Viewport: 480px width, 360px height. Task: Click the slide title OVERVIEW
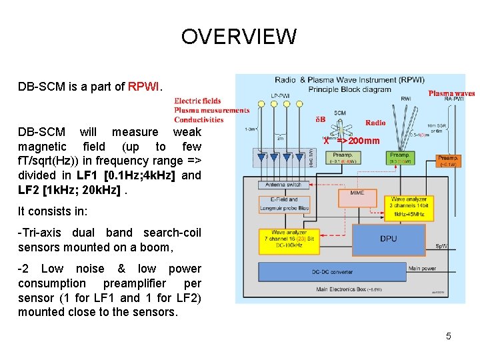pos(239,36)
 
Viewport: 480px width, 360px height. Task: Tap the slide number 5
pos(448,336)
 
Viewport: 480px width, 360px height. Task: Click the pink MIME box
pos(357,193)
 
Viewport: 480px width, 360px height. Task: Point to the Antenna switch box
pos(284,185)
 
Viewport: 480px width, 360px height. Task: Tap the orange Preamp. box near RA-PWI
pos(447,161)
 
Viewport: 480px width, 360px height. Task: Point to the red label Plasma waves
pos(451,94)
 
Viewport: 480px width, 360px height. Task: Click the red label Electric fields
pos(197,101)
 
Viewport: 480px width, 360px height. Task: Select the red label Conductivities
pos(199,119)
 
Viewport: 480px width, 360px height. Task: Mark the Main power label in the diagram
pos(423,269)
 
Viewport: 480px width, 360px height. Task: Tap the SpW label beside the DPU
pos(441,246)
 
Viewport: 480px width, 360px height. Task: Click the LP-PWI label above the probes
pos(281,95)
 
